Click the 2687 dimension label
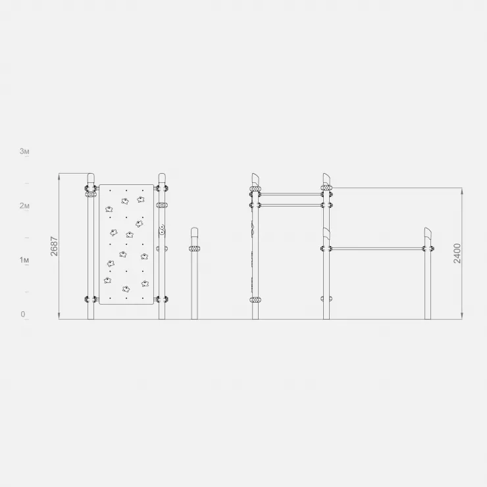[55, 246]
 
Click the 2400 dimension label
[457, 253]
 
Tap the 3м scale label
[24, 151]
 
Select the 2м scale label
[24, 205]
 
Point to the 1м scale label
[24, 260]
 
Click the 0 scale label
[23, 314]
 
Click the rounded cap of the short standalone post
[194, 232]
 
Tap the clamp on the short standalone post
[194, 249]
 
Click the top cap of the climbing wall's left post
[91, 178]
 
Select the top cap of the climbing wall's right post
[162, 178]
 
